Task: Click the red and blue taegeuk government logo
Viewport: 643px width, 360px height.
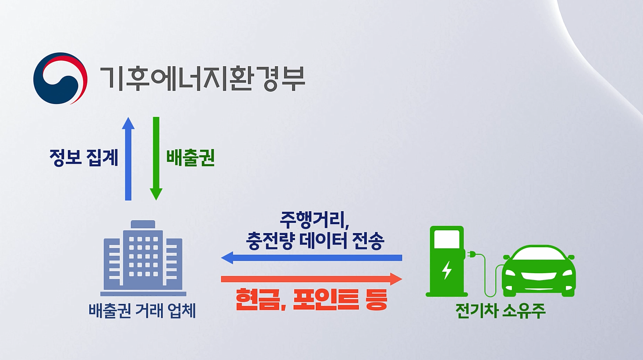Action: (60, 78)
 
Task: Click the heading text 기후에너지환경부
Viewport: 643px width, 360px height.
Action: (202, 78)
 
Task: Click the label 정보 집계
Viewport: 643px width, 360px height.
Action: (84, 158)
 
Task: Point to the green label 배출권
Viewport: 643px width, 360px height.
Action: (190, 158)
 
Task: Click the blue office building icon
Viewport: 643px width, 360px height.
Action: (143, 258)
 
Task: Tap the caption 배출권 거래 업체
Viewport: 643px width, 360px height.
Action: (142, 311)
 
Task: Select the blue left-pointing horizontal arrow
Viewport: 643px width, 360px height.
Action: (311, 258)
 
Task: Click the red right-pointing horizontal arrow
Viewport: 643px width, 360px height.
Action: (311, 279)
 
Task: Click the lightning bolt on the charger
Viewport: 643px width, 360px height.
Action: (447, 270)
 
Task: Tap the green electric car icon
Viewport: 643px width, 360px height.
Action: (539, 271)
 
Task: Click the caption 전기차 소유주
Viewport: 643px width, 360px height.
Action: (500, 311)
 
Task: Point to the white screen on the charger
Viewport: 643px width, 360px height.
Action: (447, 239)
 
